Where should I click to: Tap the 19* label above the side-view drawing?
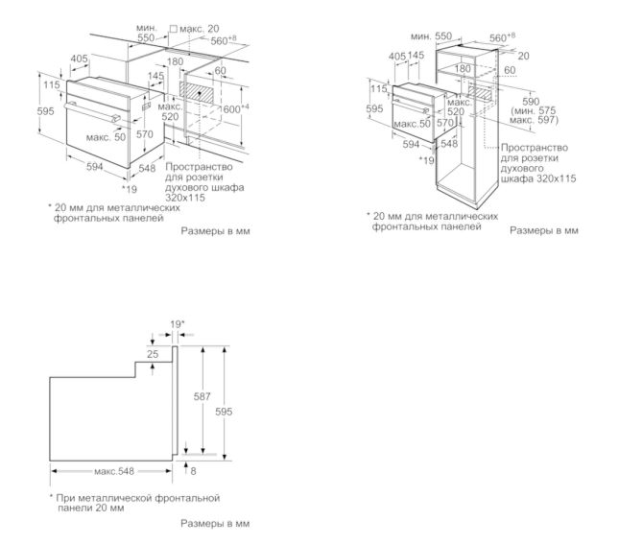pos(177,325)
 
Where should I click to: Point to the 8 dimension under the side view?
pos(193,470)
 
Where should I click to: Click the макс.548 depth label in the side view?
pos(113,470)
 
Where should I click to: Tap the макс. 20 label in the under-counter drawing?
pos(199,30)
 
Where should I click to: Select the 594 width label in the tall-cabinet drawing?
pos(410,145)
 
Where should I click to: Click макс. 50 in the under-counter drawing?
pos(105,138)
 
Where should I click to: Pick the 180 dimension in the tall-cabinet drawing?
pos(463,68)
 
